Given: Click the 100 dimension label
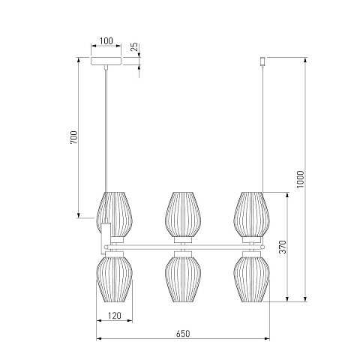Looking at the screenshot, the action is [x=106, y=40].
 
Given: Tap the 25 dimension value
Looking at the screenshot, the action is [x=134, y=46].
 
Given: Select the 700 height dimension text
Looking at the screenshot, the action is [x=74, y=137].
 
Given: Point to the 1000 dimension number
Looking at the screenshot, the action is [x=300, y=179].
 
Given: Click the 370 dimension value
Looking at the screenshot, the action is [x=283, y=247].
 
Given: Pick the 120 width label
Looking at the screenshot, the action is [x=114, y=316].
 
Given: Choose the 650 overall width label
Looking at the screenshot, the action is [x=183, y=334].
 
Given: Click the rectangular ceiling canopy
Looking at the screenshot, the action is [x=106, y=61].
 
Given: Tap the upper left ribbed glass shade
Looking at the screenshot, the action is [x=115, y=214].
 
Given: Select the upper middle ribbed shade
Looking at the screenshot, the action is [x=183, y=214].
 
